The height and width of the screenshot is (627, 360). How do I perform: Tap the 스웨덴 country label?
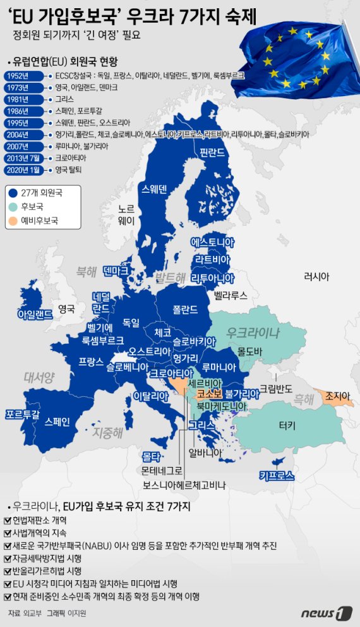pos(155,188)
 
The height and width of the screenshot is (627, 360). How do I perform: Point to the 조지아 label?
pos(337,396)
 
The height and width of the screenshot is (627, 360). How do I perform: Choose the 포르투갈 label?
pos(22,415)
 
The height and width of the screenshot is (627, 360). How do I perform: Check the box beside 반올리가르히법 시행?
pos(7,571)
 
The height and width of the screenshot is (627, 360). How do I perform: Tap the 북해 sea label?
pos(86,272)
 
